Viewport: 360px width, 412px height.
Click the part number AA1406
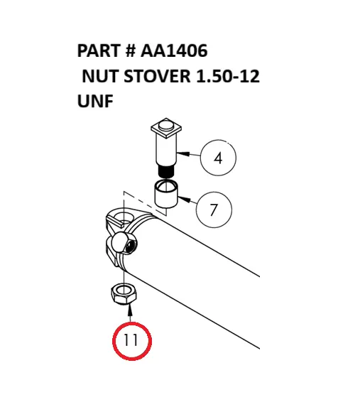pyautogui.click(x=174, y=50)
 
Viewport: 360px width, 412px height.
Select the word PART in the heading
pyautogui.click(x=99, y=50)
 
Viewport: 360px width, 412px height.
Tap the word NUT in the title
pyautogui.click(x=100, y=76)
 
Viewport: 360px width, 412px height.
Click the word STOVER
pyautogui.click(x=157, y=76)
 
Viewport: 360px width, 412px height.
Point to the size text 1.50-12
pyautogui.click(x=228, y=76)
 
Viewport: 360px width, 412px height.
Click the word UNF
pyautogui.click(x=95, y=102)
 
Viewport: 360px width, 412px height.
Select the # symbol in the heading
pyautogui.click(x=131, y=50)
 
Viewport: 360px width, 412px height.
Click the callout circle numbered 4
pyautogui.click(x=218, y=158)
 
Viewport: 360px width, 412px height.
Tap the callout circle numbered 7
pyautogui.click(x=214, y=210)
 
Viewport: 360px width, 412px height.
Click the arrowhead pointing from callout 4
pyautogui.click(x=182, y=153)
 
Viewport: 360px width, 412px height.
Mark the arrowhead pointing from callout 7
pyautogui.click(x=184, y=199)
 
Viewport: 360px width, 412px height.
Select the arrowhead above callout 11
pyautogui.click(x=130, y=308)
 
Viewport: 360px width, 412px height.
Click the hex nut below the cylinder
pyautogui.click(x=124, y=294)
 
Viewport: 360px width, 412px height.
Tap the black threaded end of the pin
pyautogui.click(x=166, y=171)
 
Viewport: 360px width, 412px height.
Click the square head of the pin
pyautogui.click(x=166, y=129)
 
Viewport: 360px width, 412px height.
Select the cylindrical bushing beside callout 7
pyautogui.click(x=166, y=194)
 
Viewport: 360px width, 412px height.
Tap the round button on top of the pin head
pyautogui.click(x=166, y=124)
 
